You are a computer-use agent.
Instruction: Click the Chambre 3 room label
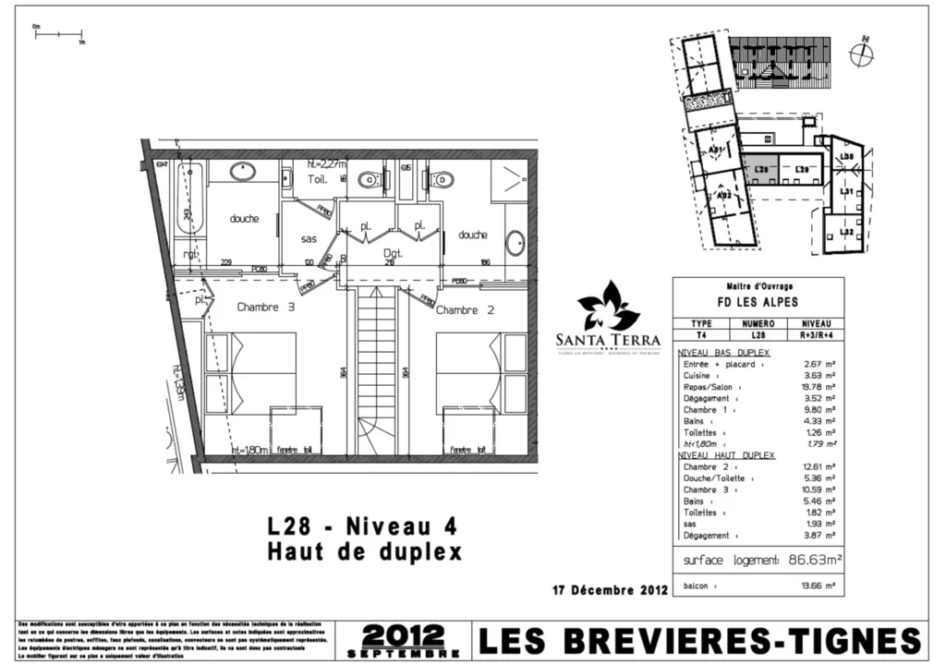[265, 308]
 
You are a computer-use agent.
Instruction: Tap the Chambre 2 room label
[465, 310]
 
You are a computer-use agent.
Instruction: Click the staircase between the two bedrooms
[376, 369]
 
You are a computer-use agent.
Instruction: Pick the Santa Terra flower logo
[608, 307]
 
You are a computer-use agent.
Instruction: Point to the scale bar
[59, 35]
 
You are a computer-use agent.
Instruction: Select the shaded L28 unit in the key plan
[760, 170]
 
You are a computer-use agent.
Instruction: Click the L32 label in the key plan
[846, 231]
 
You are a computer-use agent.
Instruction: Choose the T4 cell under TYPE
[702, 336]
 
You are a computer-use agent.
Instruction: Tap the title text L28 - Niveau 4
[363, 527]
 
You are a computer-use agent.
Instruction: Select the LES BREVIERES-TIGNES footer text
[699, 640]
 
